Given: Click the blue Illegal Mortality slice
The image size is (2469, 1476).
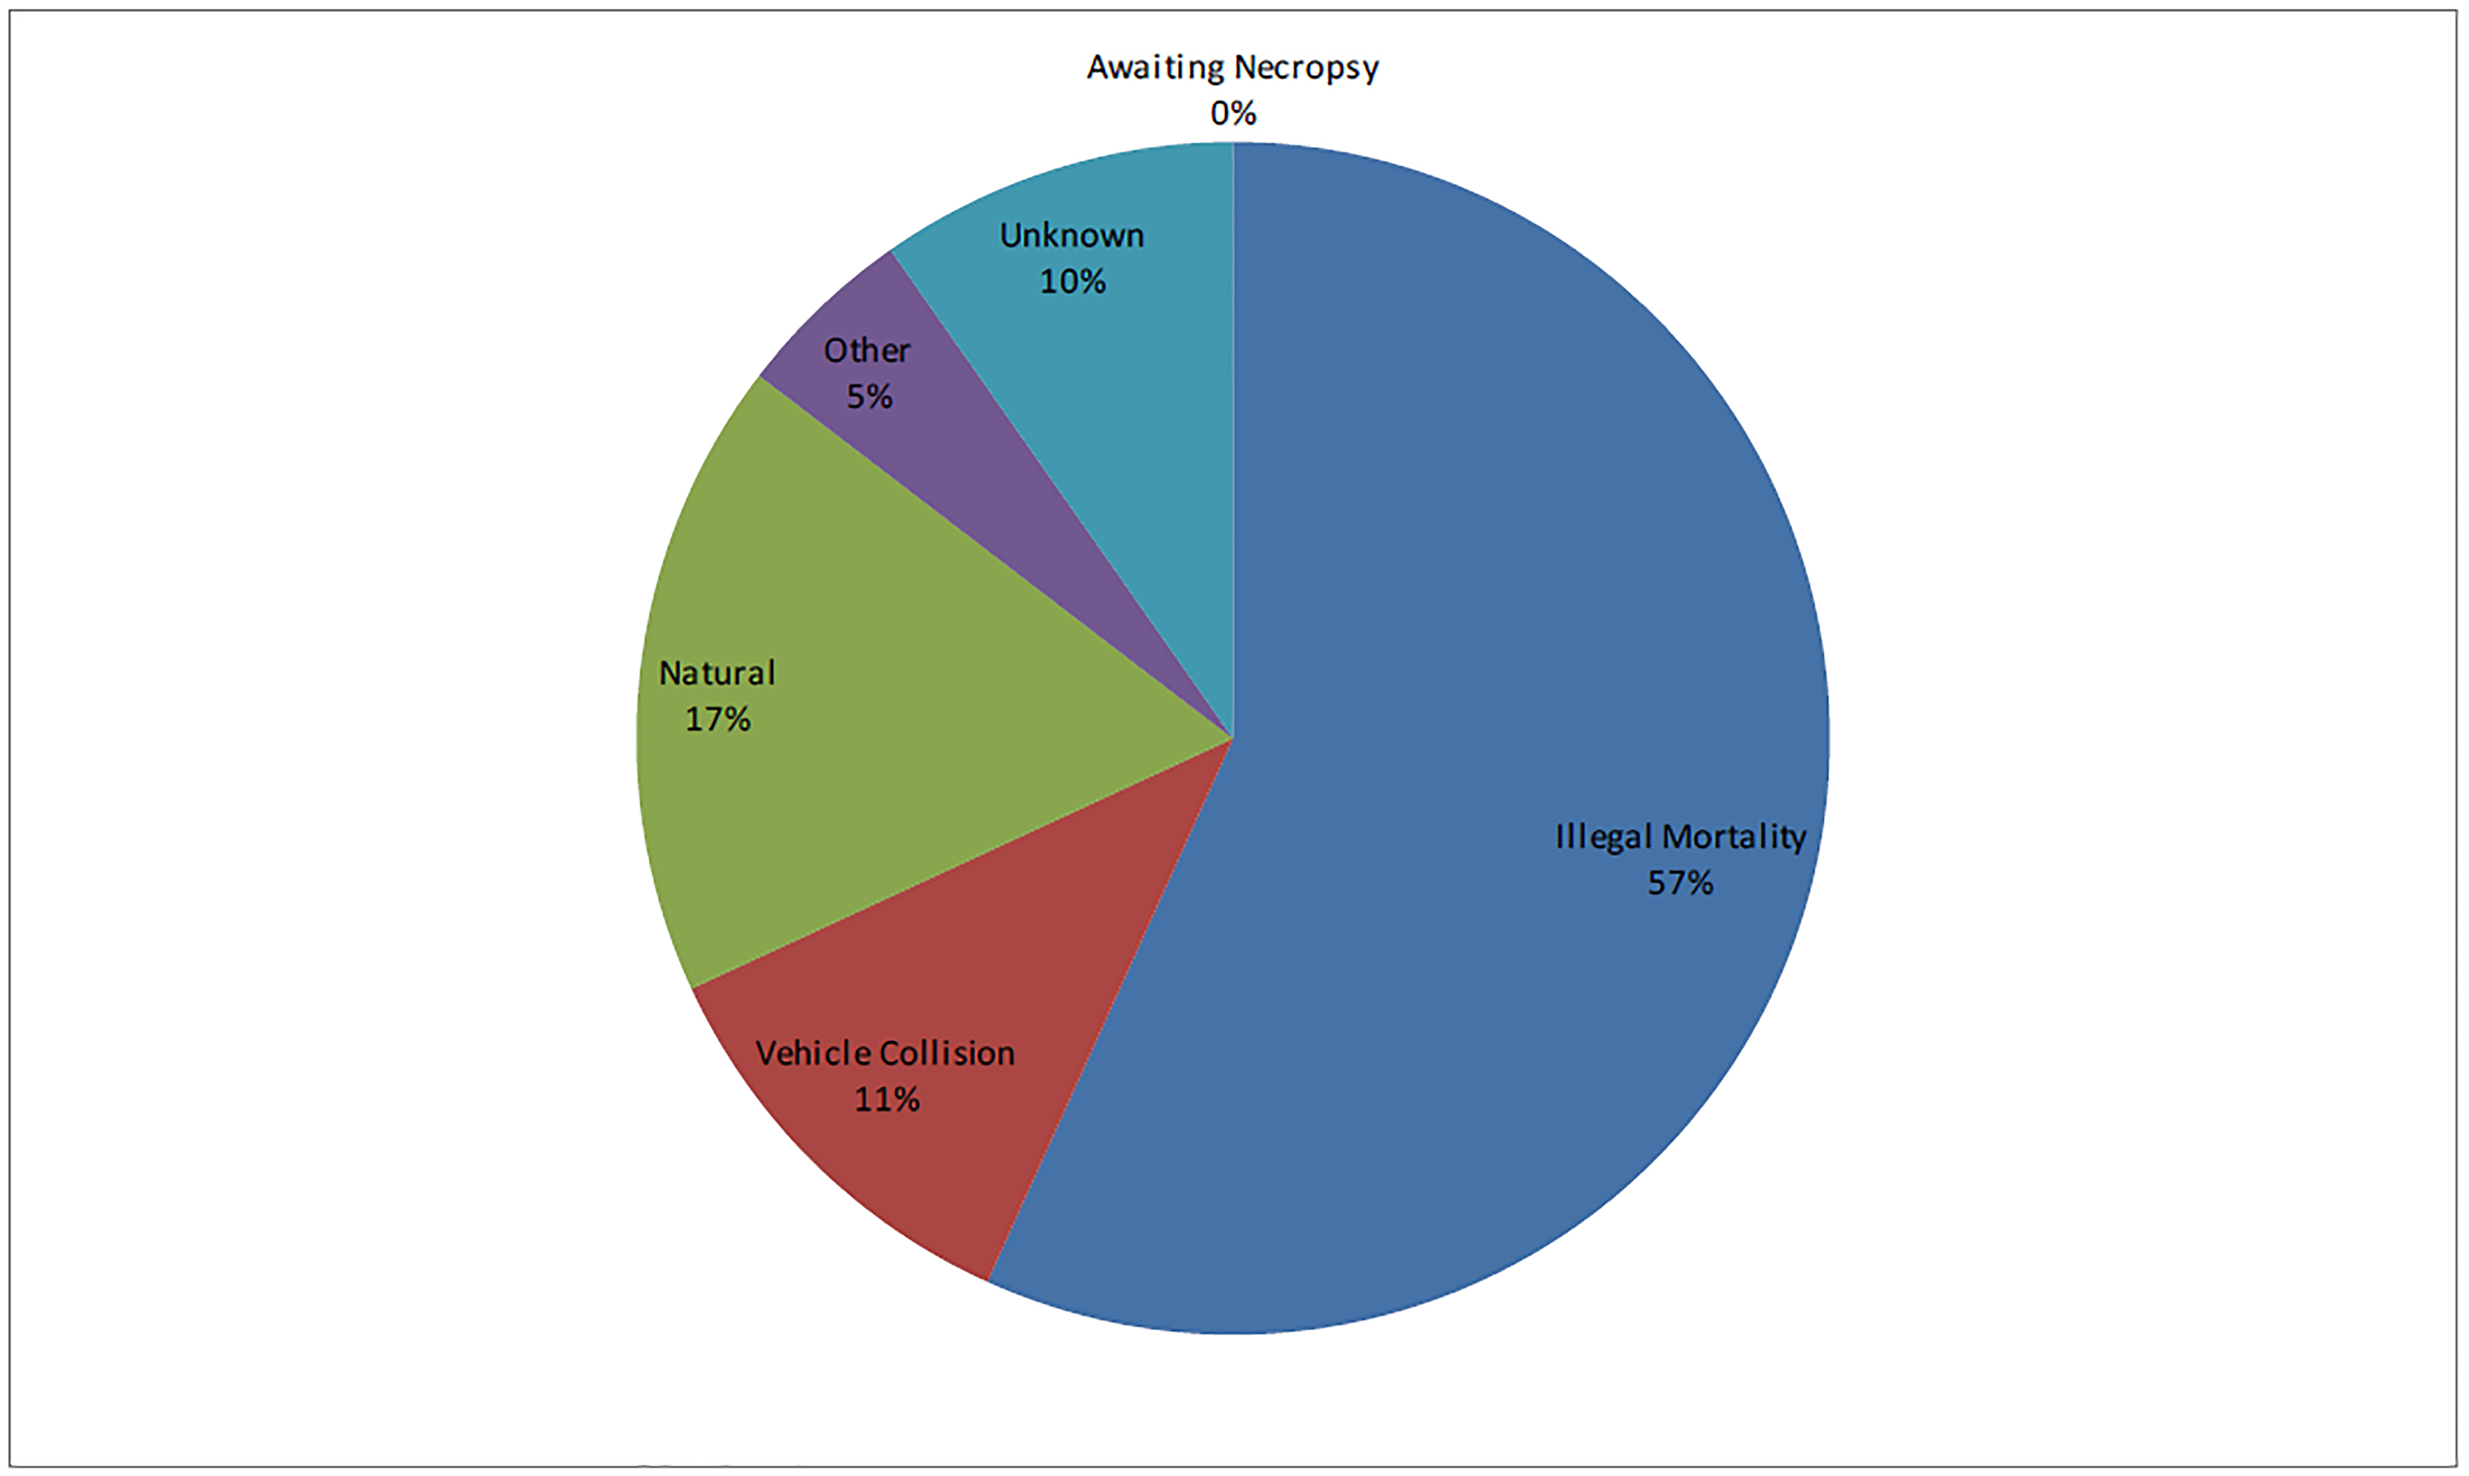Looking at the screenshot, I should pos(1492,597).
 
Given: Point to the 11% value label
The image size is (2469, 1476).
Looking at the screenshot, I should pos(887,1100).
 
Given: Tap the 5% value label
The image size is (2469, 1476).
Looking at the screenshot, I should pos(869,397).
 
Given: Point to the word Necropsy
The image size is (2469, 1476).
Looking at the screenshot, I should pos(1307,67).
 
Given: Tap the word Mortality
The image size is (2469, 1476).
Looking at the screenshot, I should pos(1734,837).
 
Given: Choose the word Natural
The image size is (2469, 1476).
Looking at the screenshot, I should pos(717,673).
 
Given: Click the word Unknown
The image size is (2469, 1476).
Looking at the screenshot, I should pos(1072,236).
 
